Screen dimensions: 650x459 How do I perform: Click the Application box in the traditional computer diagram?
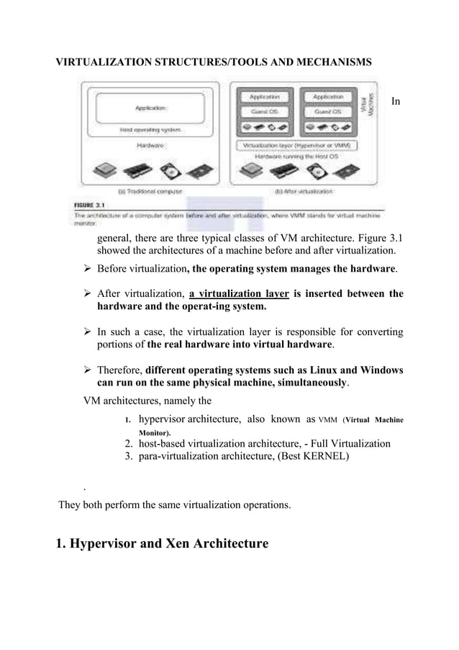coord(152,108)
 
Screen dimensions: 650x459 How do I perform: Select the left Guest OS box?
coord(268,112)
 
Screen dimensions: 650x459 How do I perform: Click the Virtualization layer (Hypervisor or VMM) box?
coord(297,145)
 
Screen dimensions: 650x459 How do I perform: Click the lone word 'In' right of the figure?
coord(395,102)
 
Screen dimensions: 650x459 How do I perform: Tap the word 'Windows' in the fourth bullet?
coord(381,370)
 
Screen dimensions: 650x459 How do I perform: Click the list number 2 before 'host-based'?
coord(130,443)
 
